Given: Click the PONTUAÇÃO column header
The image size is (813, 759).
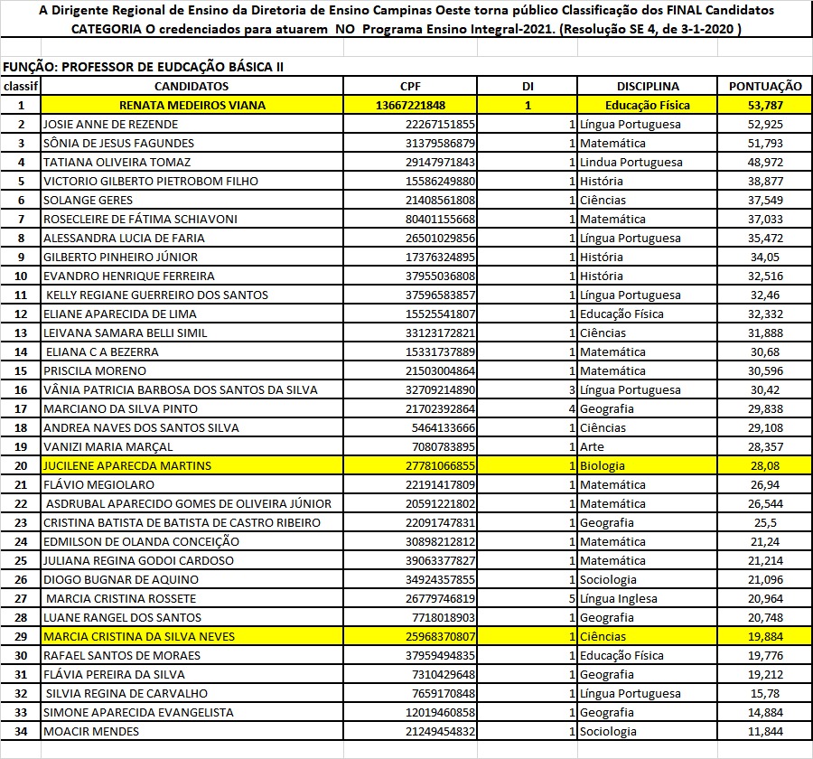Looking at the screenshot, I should click(x=764, y=86).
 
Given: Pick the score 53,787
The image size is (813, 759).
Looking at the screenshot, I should click(x=764, y=105).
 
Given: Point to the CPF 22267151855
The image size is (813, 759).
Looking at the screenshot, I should click(x=440, y=124).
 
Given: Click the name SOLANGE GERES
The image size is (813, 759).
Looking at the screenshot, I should click(x=88, y=200).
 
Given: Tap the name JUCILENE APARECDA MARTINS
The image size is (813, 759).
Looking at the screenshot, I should click(x=127, y=465).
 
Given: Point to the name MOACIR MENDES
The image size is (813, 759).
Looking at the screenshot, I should click(x=91, y=731).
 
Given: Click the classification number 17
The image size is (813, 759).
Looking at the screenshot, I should click(x=20, y=408).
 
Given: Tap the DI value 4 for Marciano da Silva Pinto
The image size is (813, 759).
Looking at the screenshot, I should click(x=572, y=408).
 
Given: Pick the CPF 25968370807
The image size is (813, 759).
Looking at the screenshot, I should click(x=440, y=636).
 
